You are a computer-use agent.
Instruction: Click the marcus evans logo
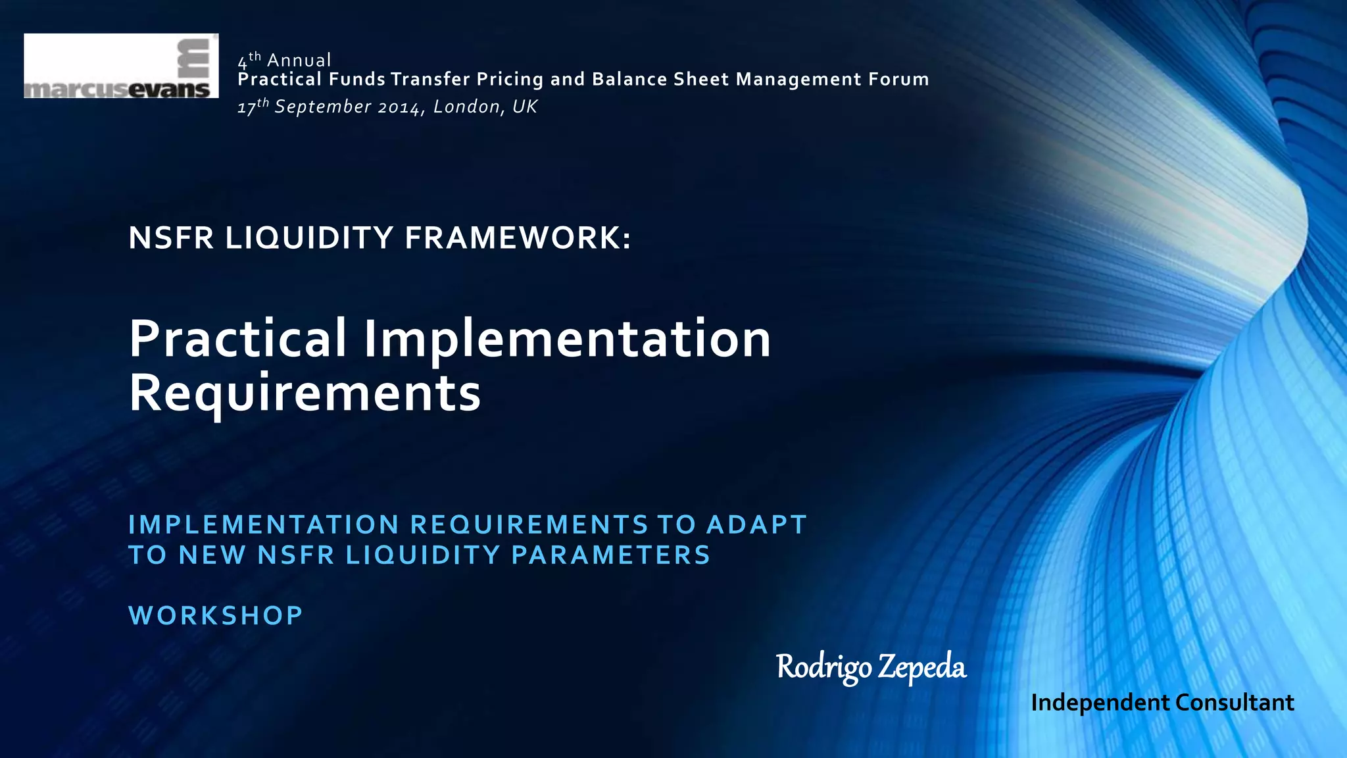(x=121, y=66)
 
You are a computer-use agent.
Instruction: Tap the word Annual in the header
(x=299, y=61)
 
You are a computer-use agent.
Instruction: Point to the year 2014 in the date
(x=399, y=107)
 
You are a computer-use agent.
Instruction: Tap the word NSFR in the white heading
(x=171, y=238)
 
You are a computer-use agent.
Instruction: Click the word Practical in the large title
(x=237, y=339)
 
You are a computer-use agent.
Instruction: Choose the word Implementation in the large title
(x=567, y=339)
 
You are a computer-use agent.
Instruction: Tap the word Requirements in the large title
(x=305, y=393)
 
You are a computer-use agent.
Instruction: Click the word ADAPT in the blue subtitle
(x=756, y=525)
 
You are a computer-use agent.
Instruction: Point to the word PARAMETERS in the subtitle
(x=611, y=555)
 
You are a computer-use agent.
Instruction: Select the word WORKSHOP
(x=216, y=616)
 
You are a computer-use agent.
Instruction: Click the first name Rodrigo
(x=823, y=667)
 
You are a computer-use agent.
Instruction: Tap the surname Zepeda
(x=922, y=667)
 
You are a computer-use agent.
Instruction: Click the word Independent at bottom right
(x=1100, y=703)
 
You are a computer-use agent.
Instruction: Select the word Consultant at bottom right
(x=1235, y=703)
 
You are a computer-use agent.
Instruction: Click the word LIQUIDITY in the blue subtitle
(x=423, y=555)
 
